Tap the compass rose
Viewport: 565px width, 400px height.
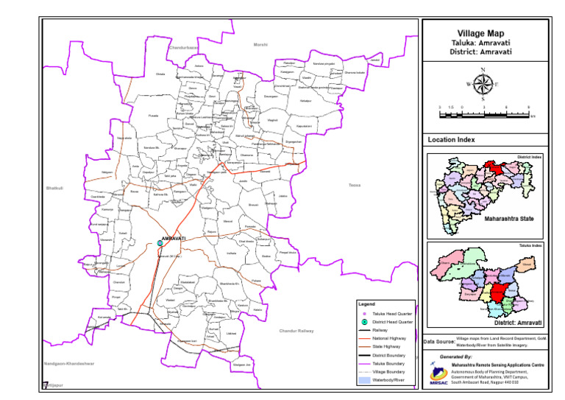tap(483, 84)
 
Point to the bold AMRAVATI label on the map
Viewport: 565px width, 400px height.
tap(174, 238)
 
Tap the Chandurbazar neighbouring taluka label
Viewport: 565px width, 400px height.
tap(184, 48)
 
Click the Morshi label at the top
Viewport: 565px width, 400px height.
tap(260, 45)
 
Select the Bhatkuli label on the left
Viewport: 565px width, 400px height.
tap(55, 189)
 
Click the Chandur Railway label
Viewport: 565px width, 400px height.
tap(296, 331)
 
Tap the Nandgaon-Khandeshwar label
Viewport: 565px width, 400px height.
tap(68, 364)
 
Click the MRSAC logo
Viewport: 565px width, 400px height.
tap(438, 376)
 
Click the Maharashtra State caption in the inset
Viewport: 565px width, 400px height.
tap(508, 219)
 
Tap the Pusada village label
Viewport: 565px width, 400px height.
tap(154, 116)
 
